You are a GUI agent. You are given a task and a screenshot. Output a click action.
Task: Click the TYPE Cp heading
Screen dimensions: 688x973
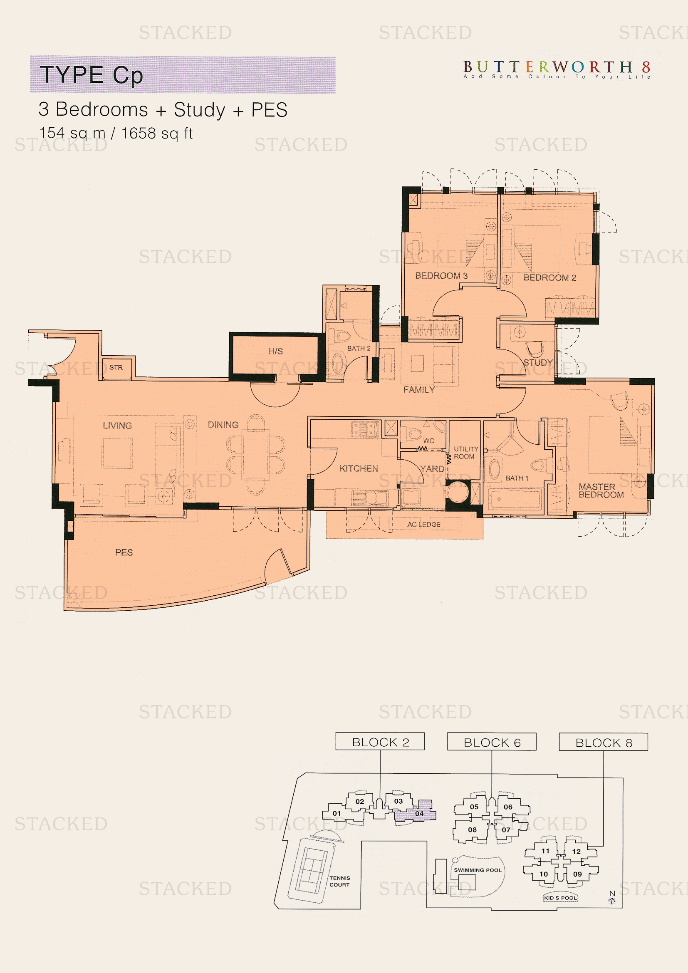click(91, 75)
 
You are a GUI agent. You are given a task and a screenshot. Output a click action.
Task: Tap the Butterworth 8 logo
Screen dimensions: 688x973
click(557, 69)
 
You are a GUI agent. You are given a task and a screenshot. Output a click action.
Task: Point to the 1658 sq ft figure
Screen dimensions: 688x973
click(157, 133)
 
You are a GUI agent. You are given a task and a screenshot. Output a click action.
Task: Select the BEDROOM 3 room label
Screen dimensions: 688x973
click(441, 275)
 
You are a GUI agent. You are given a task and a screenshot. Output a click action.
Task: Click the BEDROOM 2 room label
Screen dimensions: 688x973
click(549, 277)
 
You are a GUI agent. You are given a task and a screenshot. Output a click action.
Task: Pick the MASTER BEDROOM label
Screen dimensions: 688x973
click(601, 491)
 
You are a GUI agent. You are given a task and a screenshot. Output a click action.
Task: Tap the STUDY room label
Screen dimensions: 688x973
click(538, 362)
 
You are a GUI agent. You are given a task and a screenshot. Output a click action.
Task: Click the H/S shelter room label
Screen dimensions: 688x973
click(275, 351)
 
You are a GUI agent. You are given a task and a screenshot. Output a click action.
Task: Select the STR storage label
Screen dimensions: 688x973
click(116, 367)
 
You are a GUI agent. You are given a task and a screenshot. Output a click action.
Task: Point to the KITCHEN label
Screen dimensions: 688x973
click(359, 468)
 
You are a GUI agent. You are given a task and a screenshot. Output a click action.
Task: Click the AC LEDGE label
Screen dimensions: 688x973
click(423, 524)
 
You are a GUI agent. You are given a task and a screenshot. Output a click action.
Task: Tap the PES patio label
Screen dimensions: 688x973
click(124, 552)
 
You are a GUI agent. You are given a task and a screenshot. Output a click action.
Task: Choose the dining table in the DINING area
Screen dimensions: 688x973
click(255, 454)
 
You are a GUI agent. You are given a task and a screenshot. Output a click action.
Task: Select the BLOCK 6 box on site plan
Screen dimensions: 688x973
click(491, 743)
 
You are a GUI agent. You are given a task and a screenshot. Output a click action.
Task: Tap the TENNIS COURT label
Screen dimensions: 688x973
click(340, 881)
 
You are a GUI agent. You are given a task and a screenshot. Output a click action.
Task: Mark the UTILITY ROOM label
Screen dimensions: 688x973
click(465, 453)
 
